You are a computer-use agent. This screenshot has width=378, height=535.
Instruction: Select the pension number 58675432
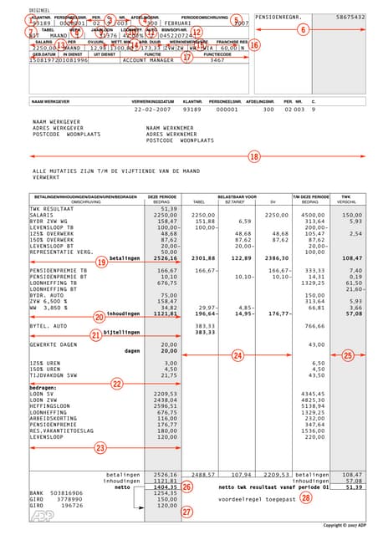click(350, 17)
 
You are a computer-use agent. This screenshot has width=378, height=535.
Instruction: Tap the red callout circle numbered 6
click(303, 28)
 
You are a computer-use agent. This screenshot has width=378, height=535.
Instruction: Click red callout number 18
click(254, 156)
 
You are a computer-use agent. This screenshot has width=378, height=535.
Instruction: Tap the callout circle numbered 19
click(101, 262)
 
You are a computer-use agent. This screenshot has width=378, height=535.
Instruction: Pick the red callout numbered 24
click(238, 356)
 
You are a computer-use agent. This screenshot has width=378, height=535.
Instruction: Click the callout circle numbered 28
click(306, 497)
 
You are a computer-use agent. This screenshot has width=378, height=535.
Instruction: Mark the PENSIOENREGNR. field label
click(280, 17)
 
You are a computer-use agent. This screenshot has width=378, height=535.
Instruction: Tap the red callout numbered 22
click(116, 383)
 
